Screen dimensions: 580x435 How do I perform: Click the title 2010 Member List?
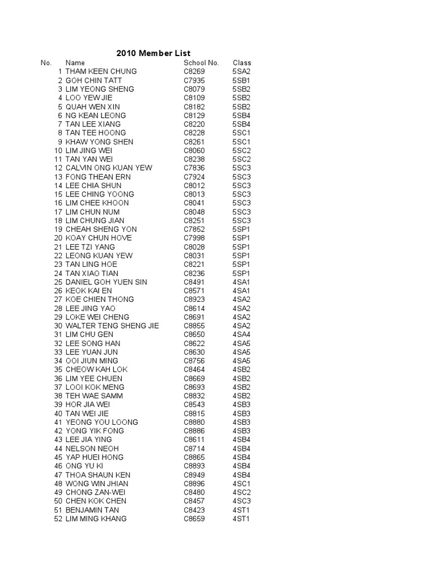point(153,53)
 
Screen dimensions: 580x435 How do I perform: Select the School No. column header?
point(201,63)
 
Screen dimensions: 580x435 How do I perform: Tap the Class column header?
point(242,63)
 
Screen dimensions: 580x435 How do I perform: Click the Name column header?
point(75,63)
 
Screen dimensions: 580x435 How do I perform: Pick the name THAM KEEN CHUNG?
point(101,71)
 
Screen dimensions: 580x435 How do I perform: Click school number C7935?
point(194,80)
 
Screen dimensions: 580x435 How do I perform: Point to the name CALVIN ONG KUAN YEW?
point(109,168)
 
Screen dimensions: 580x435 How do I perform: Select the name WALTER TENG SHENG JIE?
point(112,326)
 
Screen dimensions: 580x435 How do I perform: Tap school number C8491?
point(194,282)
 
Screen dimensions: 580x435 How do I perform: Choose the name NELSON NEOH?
point(92,449)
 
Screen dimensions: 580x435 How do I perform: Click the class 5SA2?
point(241,71)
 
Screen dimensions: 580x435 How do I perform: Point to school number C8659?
point(194,519)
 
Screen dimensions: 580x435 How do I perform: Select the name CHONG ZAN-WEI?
point(95,492)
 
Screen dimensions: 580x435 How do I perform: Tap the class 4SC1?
point(241,484)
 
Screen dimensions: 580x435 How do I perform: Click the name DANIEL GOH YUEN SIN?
point(106,282)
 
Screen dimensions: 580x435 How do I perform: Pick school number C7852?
point(194,229)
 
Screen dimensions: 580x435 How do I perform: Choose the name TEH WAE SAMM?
point(94,396)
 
